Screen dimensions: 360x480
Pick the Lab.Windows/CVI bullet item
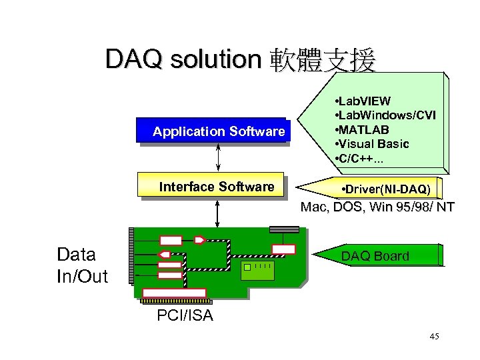[x=385, y=115]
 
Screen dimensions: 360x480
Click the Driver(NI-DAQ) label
[x=385, y=190]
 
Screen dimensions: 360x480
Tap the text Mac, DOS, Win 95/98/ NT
[x=377, y=207]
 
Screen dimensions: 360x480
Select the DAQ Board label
[x=375, y=256]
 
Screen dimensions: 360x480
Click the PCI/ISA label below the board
[x=185, y=315]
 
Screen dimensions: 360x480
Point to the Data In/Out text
[x=82, y=265]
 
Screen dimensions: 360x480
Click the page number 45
[x=435, y=337]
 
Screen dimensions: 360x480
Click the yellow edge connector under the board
[x=175, y=293]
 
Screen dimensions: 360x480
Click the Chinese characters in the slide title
[x=323, y=61]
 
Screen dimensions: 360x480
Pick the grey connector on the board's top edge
[x=284, y=229]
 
